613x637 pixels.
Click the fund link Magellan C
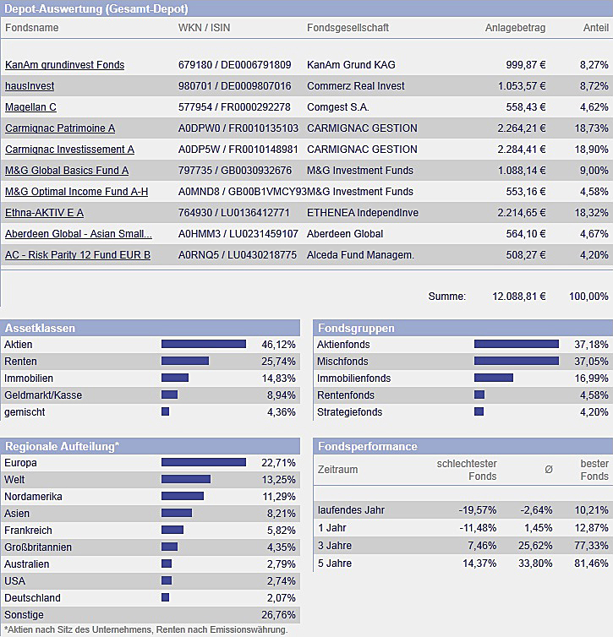coord(30,107)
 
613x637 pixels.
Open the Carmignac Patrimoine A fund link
coord(60,128)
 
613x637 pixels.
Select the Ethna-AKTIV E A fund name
coord(44,213)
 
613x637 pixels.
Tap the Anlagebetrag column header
coord(515,28)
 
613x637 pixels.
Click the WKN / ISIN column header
coord(206,28)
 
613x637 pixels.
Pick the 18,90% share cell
coord(591,150)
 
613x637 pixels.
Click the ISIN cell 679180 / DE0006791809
coord(234,65)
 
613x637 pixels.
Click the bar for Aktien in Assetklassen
coord(203,345)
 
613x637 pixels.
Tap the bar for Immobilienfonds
coord(493,378)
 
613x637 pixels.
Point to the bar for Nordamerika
coord(182,497)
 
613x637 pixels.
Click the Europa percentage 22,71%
coord(279,463)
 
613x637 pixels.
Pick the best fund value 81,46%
coord(592,563)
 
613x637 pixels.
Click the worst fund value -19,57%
coord(478,510)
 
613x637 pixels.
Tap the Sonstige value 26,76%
coord(279,615)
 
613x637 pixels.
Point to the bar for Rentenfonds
coord(479,395)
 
